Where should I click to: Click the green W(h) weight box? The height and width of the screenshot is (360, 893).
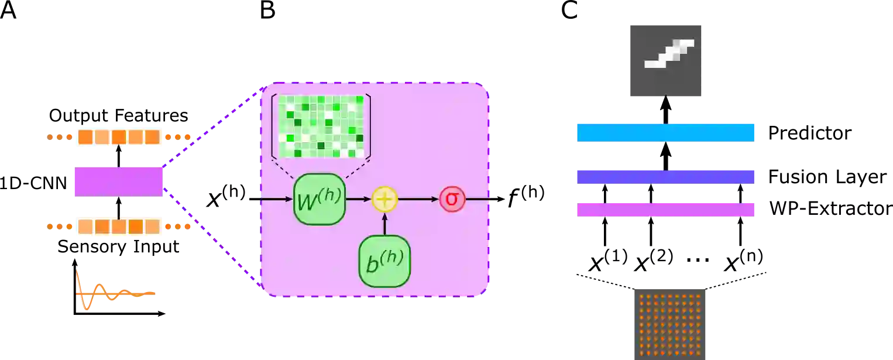click(x=319, y=199)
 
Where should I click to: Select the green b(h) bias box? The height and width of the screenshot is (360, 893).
click(x=384, y=261)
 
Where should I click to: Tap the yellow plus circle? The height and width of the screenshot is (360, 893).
click(x=384, y=199)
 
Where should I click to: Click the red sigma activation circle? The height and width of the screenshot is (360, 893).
click(x=452, y=199)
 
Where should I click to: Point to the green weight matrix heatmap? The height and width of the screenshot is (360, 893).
click(x=321, y=126)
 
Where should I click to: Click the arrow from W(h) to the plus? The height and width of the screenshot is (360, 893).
click(x=358, y=199)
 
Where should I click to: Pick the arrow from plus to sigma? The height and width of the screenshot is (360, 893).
click(x=418, y=199)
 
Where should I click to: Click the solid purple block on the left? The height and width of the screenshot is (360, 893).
click(x=118, y=180)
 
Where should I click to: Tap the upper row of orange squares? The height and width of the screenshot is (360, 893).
click(x=119, y=137)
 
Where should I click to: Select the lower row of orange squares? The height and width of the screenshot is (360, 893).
click(x=119, y=227)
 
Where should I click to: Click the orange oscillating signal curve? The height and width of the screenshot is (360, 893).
click(x=111, y=291)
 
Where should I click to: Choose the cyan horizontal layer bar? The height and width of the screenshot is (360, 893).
click(x=667, y=133)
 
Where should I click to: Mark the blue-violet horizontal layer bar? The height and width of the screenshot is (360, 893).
click(x=667, y=177)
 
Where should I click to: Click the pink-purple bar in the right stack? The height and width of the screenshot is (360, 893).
click(x=667, y=210)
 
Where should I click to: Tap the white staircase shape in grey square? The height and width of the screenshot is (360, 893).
click(x=669, y=54)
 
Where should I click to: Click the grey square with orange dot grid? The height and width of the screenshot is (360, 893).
click(x=669, y=323)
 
